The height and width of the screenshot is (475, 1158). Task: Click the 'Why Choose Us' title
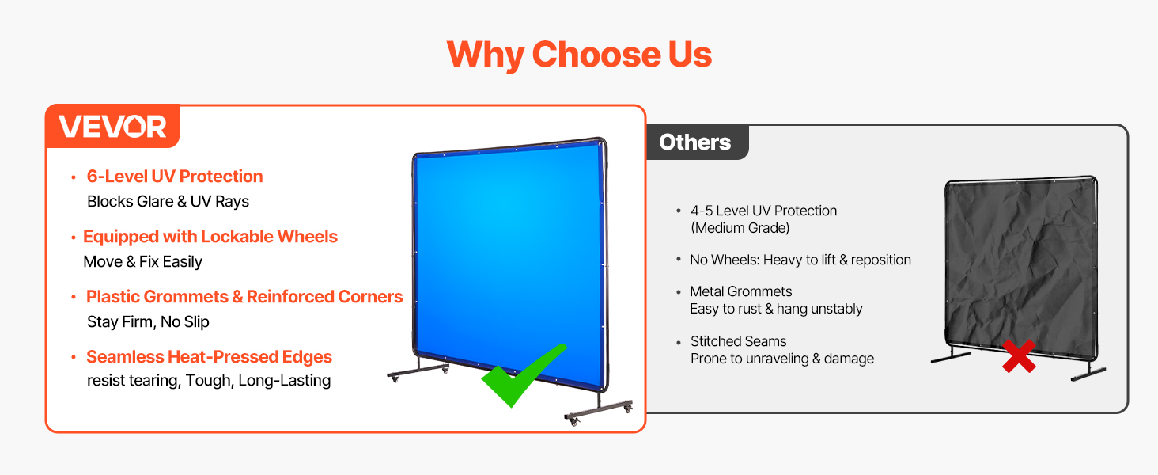coord(579,55)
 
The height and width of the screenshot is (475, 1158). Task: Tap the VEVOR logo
coord(112,126)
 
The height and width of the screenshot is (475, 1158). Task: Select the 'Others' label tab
coord(694,142)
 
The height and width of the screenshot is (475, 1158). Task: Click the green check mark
coord(523,374)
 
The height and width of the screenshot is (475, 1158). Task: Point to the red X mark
coord(1019,356)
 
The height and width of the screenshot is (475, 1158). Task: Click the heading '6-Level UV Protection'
coord(175,177)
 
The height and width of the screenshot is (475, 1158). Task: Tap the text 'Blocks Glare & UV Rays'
coord(168,201)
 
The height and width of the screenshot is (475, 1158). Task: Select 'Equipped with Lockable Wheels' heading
coord(210,237)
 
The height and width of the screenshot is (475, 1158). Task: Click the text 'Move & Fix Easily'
coord(142,262)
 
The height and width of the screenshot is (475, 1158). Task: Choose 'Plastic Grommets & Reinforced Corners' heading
coord(244,297)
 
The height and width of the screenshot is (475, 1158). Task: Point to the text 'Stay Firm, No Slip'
coord(149,322)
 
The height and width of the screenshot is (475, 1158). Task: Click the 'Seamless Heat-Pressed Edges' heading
coord(209,357)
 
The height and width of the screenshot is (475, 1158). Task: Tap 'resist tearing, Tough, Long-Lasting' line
coord(209,381)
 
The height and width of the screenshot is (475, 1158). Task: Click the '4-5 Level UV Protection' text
coord(763,211)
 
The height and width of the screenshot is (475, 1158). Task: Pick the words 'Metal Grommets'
coord(741,291)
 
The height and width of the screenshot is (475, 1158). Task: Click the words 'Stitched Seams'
coord(738,341)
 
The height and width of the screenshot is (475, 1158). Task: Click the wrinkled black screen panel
coord(1020,268)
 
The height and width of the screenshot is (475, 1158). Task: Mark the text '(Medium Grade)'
coord(740,228)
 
